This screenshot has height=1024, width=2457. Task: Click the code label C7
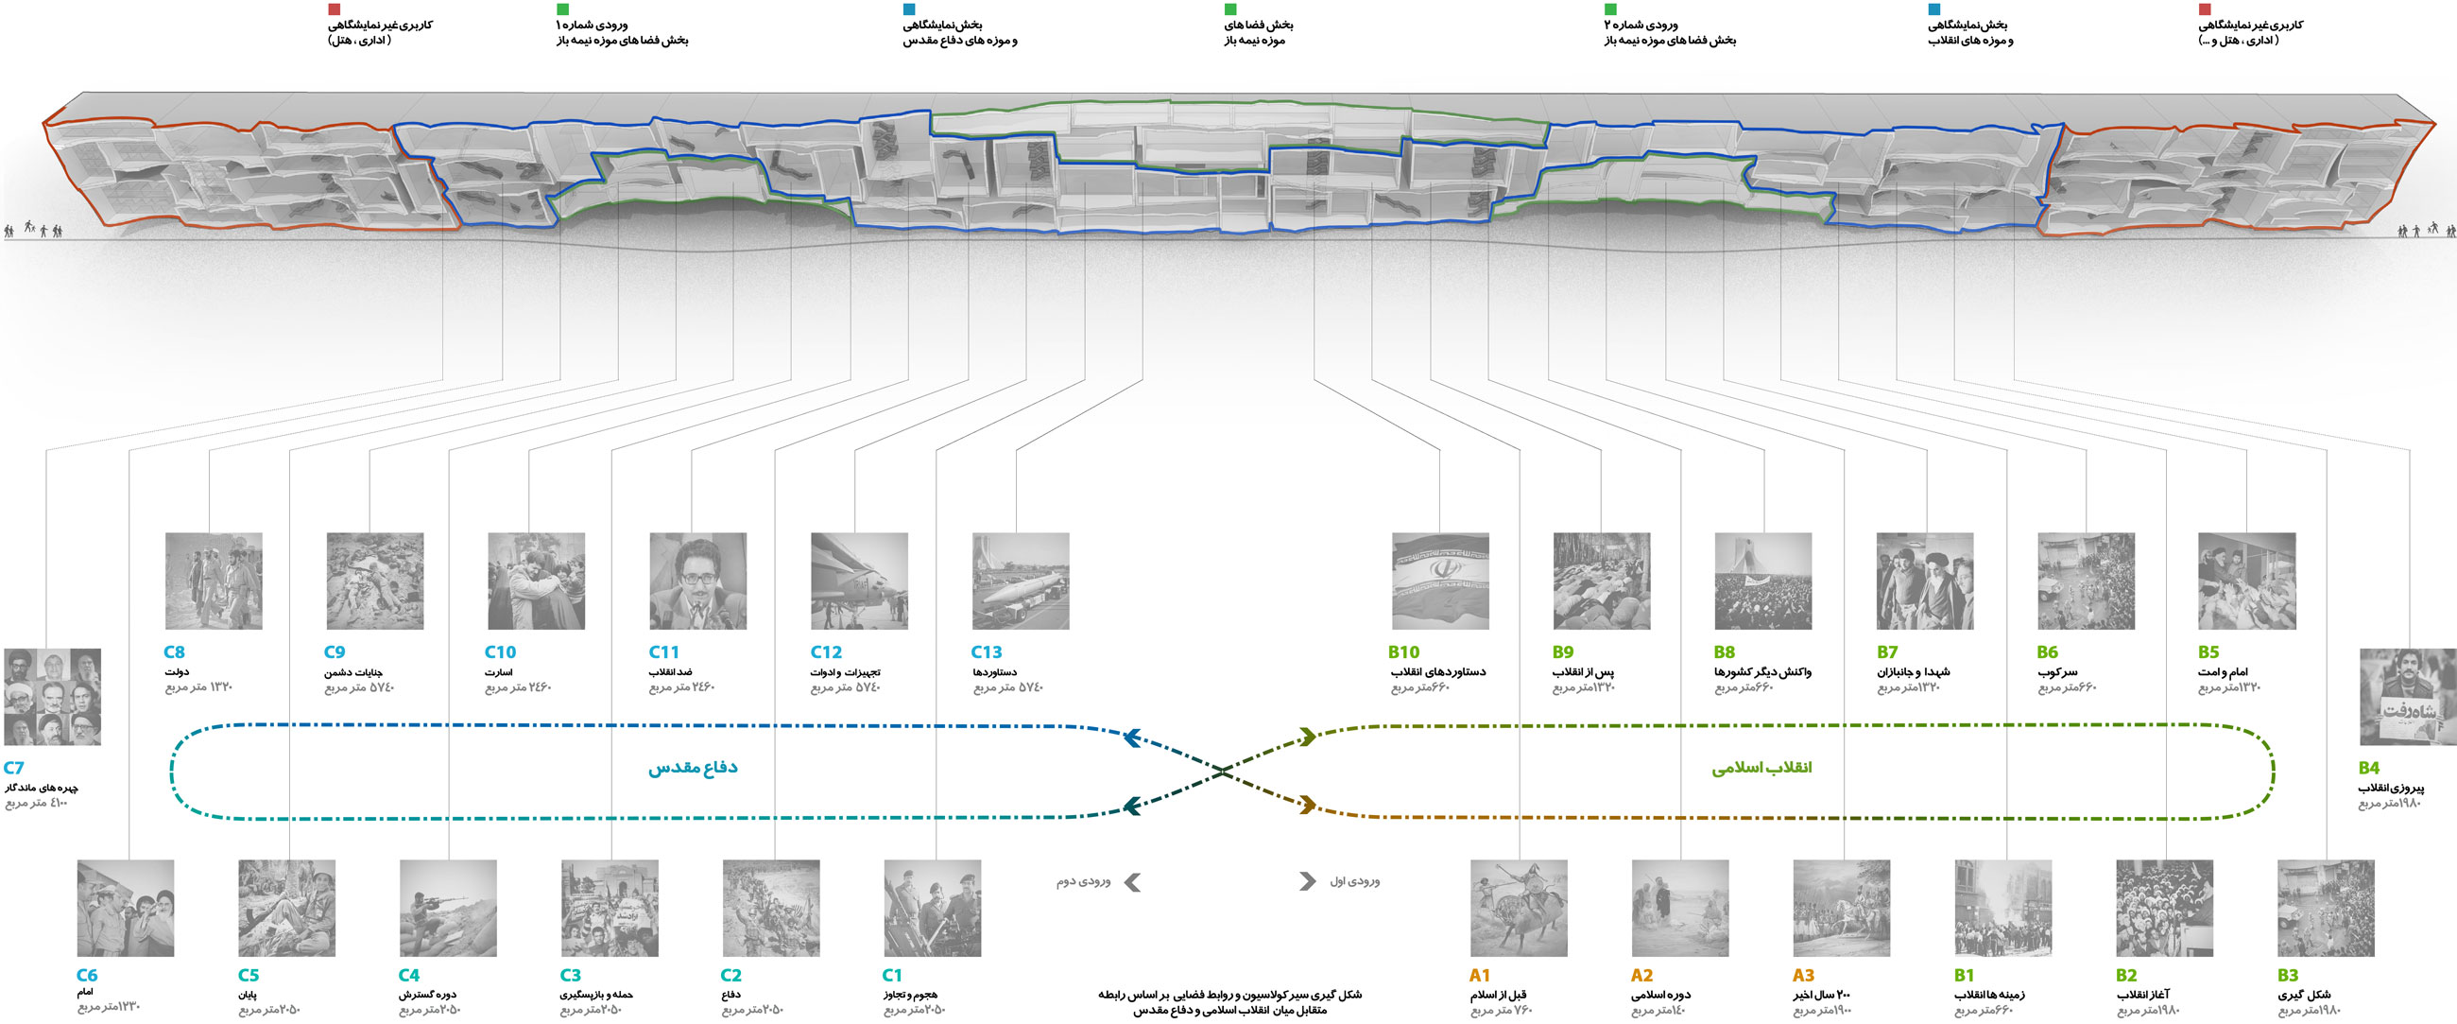(13, 767)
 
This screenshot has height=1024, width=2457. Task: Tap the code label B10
(1403, 651)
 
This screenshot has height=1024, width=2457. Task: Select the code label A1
(1479, 976)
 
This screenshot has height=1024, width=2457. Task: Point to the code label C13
(987, 651)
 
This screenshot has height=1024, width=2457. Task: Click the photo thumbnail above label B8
(1762, 581)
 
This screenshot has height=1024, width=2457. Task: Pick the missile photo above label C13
(1021, 581)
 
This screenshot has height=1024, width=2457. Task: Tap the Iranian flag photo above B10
(1440, 581)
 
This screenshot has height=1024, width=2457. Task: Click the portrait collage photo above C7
(53, 697)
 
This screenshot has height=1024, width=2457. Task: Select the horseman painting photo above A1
(1519, 908)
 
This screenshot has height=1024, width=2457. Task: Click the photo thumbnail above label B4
(2407, 697)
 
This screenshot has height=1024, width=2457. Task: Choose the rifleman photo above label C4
(448, 908)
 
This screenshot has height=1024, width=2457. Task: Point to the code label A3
(1803, 976)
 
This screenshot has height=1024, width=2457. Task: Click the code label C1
(892, 976)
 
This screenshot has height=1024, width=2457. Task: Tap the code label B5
(2208, 651)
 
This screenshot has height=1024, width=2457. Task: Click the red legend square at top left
(334, 9)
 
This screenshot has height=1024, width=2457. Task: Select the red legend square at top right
(2205, 9)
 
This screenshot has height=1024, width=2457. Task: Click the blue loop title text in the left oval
(693, 767)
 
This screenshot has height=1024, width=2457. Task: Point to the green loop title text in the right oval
(1761, 767)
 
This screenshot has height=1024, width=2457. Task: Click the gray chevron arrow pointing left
(1133, 882)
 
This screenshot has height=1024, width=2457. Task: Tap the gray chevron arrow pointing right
(1307, 881)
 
